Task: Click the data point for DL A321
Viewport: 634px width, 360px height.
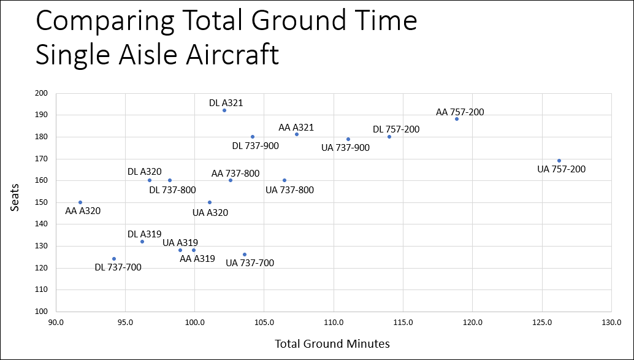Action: coord(224,110)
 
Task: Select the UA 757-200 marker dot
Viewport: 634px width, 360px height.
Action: coord(559,161)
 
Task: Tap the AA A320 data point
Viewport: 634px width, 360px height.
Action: coord(80,202)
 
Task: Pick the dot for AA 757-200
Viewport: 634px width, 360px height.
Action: coord(457,119)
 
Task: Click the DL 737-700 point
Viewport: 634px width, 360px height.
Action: coord(114,259)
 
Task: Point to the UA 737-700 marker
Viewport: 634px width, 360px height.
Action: coord(245,255)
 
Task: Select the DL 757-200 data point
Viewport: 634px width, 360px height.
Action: coord(389,137)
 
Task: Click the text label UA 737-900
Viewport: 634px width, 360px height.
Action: coord(346,148)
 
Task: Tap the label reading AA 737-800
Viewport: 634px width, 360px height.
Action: coord(235,174)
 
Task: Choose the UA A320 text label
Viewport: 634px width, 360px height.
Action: coord(210,213)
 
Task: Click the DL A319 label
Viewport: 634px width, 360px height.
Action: coord(144,234)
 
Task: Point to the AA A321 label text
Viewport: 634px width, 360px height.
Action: coord(296,128)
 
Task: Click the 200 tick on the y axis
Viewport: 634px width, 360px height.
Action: coord(41,93)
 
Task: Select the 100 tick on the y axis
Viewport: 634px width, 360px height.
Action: coord(41,312)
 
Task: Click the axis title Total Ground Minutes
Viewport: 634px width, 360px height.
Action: coord(332,343)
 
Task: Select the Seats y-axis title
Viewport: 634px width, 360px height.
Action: coord(16,202)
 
